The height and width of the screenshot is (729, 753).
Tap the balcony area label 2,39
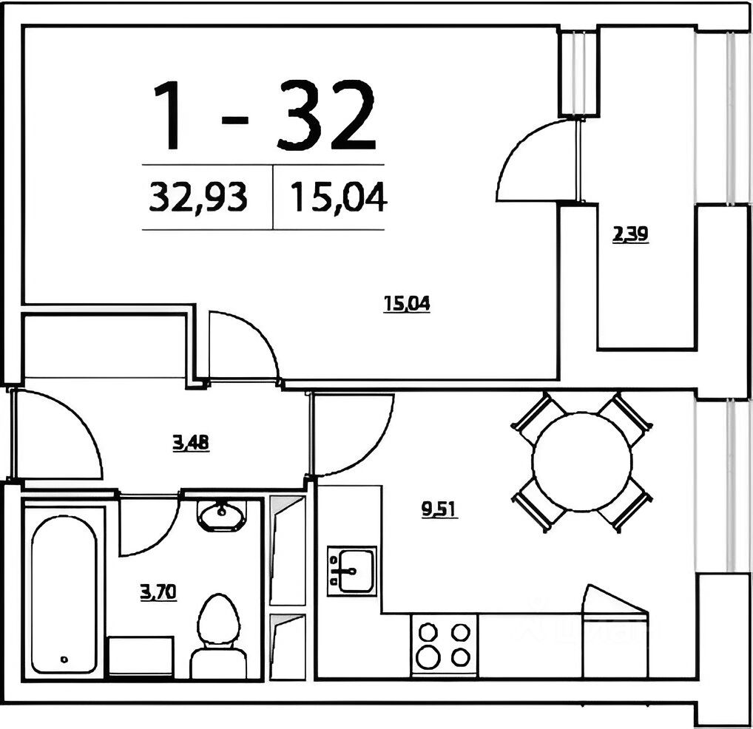[x=630, y=234]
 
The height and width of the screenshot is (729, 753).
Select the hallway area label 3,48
[x=191, y=442]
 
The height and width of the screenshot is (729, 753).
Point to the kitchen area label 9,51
[x=440, y=509]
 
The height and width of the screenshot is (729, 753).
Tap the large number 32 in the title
[x=326, y=115]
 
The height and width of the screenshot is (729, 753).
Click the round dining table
[x=581, y=461]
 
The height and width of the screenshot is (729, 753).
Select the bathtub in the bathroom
[x=64, y=594]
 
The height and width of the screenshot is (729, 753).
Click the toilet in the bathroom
[x=218, y=637]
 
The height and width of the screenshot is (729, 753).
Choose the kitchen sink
[x=352, y=571]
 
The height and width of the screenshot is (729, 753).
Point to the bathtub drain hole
[x=64, y=660]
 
